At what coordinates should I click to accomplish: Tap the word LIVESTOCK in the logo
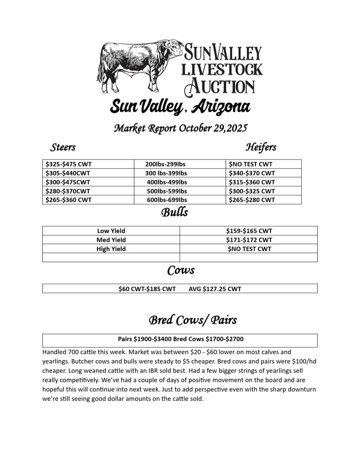coord(222,69)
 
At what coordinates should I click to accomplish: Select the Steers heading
coord(63,147)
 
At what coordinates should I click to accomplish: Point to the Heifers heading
coord(261,147)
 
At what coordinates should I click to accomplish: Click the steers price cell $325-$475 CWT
coord(69,164)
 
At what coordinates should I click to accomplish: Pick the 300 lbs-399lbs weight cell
coord(166,173)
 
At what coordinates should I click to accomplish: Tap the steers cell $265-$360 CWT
coord(69,200)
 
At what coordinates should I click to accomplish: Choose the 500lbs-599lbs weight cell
coord(166,191)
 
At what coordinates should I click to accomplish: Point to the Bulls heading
coord(174,212)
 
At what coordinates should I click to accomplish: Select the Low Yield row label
coord(111,231)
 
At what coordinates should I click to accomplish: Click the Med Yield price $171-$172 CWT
coord(249,240)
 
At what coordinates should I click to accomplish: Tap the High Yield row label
coord(111,249)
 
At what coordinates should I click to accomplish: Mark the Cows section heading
coord(180,271)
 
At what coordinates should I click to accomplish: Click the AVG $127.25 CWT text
coord(215,289)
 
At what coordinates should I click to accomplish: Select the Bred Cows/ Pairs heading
coord(192,320)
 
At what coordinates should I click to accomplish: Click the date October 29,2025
coord(213,128)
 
